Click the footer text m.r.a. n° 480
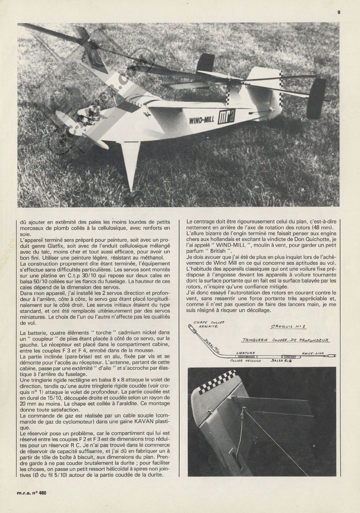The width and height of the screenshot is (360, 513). point(31,501)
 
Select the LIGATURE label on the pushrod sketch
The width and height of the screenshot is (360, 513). point(246,353)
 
